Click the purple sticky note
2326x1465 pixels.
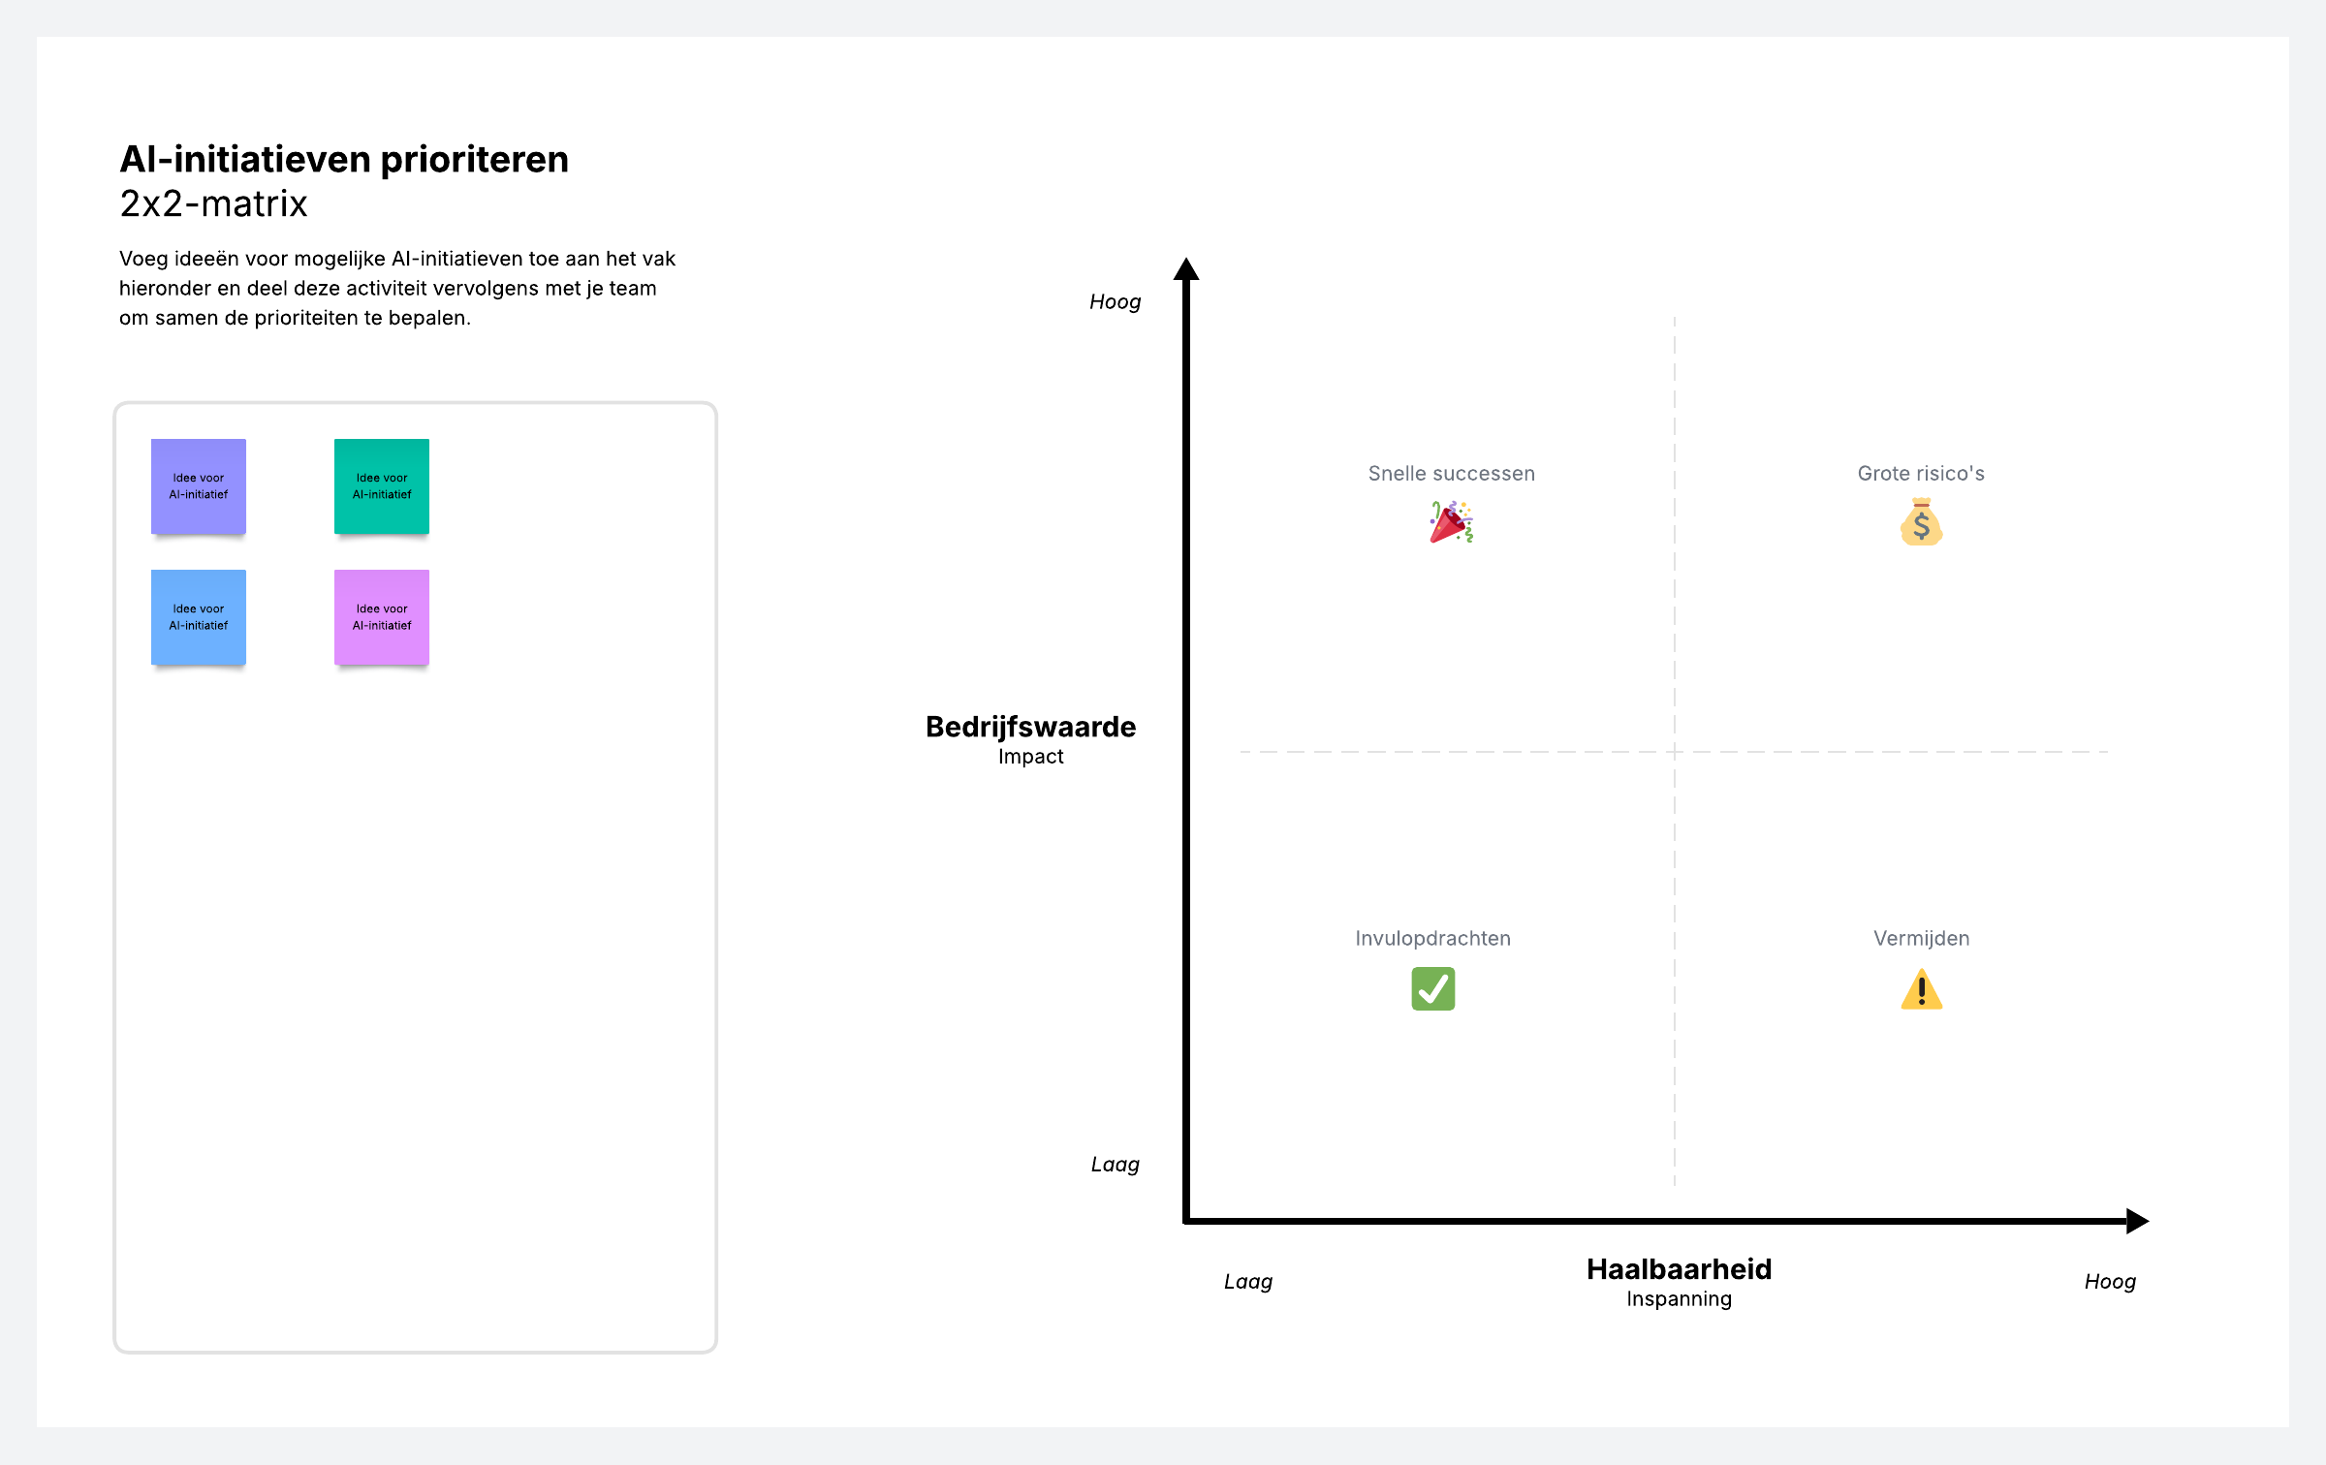(199, 486)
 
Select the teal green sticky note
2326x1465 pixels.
(382, 486)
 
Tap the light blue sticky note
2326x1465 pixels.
(199, 617)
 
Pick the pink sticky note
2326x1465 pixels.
(382, 617)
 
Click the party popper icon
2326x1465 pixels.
(1451, 522)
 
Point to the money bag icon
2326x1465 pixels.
(1921, 522)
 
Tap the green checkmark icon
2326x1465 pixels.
(1432, 989)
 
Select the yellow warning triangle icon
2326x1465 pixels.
(1921, 990)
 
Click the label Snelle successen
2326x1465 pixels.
(1451, 474)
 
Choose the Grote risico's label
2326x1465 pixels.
(1921, 474)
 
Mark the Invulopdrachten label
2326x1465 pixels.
(1432, 938)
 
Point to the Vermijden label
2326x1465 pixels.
(1921, 938)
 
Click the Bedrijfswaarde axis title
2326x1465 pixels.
(1030, 727)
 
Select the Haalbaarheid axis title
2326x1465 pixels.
(1679, 1269)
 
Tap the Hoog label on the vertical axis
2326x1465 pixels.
(1115, 302)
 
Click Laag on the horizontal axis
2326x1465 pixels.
(1247, 1282)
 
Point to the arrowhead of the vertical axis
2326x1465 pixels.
(1186, 269)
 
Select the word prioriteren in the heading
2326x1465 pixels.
(474, 160)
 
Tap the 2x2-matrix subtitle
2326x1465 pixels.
(213, 204)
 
